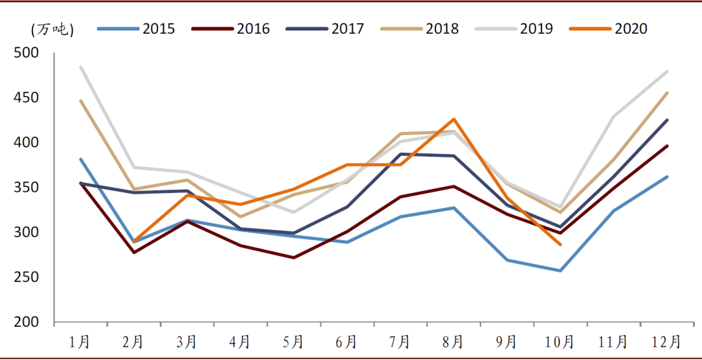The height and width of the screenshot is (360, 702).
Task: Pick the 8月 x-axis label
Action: pyautogui.click(x=453, y=342)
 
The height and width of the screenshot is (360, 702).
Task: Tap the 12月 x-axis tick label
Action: pyautogui.click(x=666, y=342)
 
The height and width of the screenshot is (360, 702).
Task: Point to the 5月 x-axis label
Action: pyautogui.click(x=293, y=342)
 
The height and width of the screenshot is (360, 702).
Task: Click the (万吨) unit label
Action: pyautogui.click(x=52, y=29)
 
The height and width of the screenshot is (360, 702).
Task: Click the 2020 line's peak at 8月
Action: pyautogui.click(x=453, y=119)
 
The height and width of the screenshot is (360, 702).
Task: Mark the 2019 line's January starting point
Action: pyautogui.click(x=80, y=66)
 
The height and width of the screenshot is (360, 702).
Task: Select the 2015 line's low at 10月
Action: pyautogui.click(x=560, y=270)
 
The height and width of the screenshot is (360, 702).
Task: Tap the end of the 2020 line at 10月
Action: pyautogui.click(x=560, y=244)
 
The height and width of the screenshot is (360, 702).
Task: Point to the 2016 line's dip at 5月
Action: pyautogui.click(x=293, y=257)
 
